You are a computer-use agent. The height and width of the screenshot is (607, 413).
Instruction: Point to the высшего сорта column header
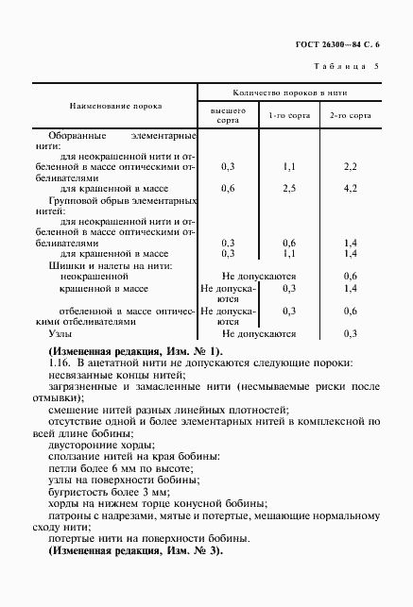(x=227, y=116)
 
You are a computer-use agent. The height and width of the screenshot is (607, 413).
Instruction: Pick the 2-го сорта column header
(x=350, y=117)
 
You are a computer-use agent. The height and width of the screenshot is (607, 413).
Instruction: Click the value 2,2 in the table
(x=350, y=166)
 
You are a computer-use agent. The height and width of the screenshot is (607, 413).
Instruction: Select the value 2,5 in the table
(x=289, y=189)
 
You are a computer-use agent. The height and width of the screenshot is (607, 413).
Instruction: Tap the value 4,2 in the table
(x=350, y=189)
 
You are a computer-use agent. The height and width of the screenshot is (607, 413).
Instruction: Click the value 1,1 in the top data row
(x=289, y=166)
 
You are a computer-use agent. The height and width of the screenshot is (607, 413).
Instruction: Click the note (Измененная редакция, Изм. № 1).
(x=133, y=351)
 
